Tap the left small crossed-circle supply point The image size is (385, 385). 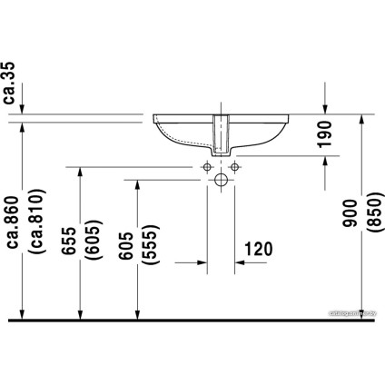pyautogui.click(x=207, y=168)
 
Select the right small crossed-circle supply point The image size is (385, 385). pyautogui.click(x=232, y=168)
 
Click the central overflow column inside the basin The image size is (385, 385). pyautogui.click(x=220, y=134)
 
